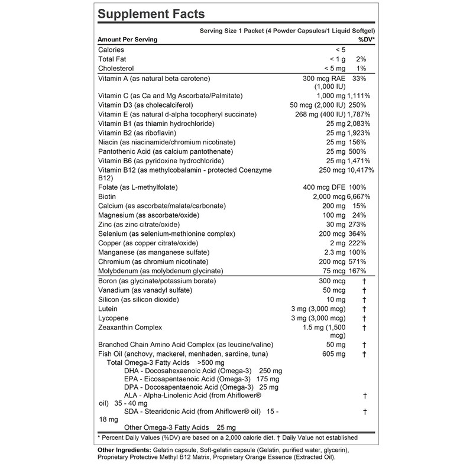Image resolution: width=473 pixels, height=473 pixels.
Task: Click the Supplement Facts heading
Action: point(151,14)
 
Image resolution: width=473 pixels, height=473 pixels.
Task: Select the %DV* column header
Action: point(367,40)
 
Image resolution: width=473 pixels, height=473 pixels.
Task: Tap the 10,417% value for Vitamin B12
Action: point(360,170)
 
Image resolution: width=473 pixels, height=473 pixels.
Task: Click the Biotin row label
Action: point(107,196)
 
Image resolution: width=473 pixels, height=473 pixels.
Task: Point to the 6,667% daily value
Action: point(361,196)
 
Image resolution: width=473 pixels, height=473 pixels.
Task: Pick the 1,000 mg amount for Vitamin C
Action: point(331,96)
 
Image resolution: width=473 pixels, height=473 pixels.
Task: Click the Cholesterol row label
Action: point(116,69)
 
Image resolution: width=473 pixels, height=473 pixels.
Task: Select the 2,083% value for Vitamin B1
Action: point(361,124)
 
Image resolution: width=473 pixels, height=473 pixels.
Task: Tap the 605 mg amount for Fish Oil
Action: point(333,354)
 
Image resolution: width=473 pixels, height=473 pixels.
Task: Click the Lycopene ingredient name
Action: point(113,318)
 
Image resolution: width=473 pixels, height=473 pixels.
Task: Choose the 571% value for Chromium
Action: point(364,261)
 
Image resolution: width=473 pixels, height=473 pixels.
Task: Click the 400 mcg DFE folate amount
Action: point(324,187)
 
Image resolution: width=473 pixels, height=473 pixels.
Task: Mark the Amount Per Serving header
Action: point(127,40)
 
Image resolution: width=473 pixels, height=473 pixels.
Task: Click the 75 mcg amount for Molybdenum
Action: point(333,271)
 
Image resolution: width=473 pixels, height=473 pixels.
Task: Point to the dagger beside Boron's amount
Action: point(365,281)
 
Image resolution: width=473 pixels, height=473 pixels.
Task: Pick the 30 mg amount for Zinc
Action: point(336,224)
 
